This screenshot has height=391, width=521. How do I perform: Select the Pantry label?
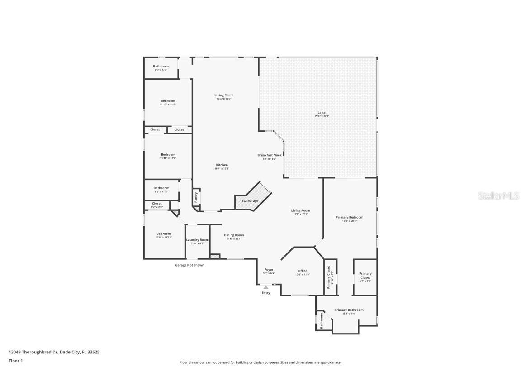(196, 197)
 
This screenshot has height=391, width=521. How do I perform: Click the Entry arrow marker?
(266, 287)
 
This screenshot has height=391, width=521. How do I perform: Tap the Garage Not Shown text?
(189, 265)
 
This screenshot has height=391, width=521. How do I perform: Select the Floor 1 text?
(15, 361)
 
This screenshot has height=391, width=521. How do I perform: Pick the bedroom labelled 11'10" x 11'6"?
(167, 102)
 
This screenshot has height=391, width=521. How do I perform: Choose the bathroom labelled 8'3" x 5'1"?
(161, 68)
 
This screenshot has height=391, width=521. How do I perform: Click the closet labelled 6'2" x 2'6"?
(157, 205)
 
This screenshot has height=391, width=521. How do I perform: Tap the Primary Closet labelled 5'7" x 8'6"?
(365, 277)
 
